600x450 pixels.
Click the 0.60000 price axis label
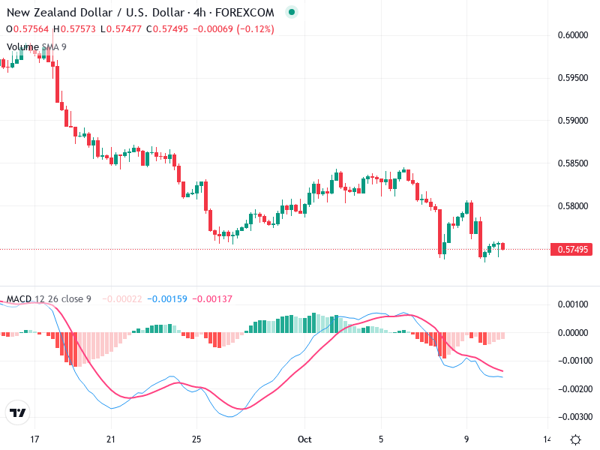tap(573, 34)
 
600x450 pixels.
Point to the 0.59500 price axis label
tap(573, 77)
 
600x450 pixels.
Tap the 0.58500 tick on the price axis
tap(573, 163)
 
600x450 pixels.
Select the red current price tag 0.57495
tap(573, 249)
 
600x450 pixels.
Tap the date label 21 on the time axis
tap(111, 439)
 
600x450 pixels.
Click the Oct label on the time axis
tap(304, 439)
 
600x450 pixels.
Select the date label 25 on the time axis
tap(196, 439)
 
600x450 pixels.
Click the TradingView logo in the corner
tap(17, 413)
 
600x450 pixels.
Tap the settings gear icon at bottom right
tap(575, 439)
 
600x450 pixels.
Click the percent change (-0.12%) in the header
tap(256, 29)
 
